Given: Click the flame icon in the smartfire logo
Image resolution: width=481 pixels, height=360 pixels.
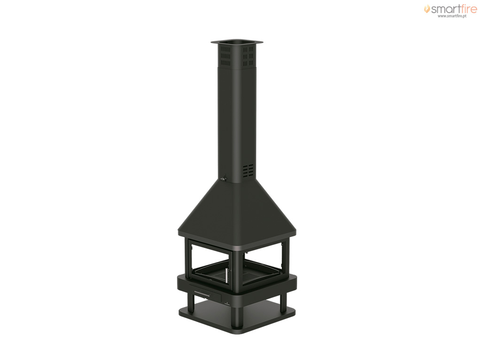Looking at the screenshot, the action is (427, 9).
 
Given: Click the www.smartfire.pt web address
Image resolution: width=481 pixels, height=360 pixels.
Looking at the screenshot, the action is (452, 16).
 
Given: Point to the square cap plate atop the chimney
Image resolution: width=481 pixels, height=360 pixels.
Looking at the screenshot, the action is (237, 42).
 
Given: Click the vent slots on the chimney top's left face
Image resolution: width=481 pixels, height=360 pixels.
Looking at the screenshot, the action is (225, 56).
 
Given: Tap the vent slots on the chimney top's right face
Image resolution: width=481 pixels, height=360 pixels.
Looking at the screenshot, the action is (248, 56).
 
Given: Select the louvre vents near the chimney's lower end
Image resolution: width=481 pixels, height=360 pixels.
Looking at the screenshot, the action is (248, 171).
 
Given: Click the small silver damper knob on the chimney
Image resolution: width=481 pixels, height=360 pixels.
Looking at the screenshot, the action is (224, 178).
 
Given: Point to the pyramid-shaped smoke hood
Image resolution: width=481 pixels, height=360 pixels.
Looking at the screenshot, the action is (237, 211).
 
